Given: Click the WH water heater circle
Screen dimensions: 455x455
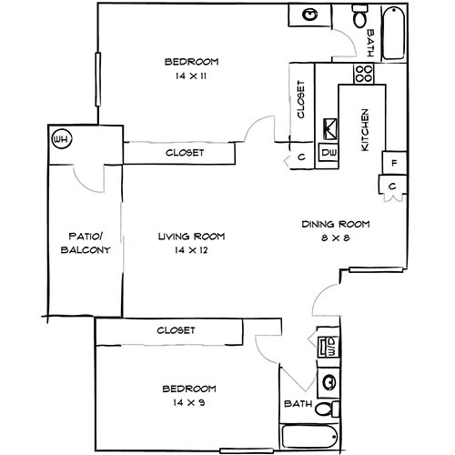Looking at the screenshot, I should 62,139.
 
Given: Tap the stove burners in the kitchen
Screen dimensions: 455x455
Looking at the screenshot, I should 364,73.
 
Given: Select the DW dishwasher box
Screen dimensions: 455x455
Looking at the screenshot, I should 329,153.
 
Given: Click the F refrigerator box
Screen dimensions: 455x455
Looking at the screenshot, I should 394,164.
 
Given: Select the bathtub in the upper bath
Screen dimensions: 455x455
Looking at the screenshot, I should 393,34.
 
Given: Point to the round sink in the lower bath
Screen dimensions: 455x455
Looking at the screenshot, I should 329,381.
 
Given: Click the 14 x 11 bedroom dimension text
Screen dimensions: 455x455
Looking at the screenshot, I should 191,76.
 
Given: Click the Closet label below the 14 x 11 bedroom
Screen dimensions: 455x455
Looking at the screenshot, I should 185,153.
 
